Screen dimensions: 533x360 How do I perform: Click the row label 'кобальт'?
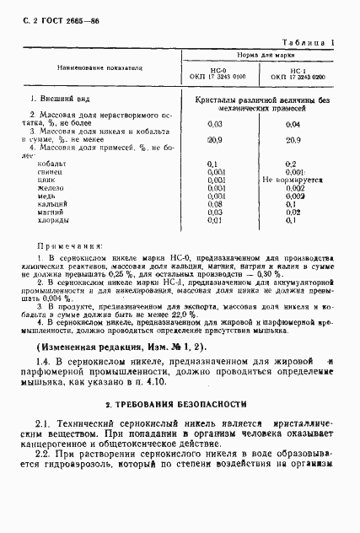[x=53, y=162]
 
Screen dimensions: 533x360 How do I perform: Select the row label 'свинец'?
[x=51, y=171]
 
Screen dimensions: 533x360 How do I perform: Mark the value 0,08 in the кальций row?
[x=214, y=204]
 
